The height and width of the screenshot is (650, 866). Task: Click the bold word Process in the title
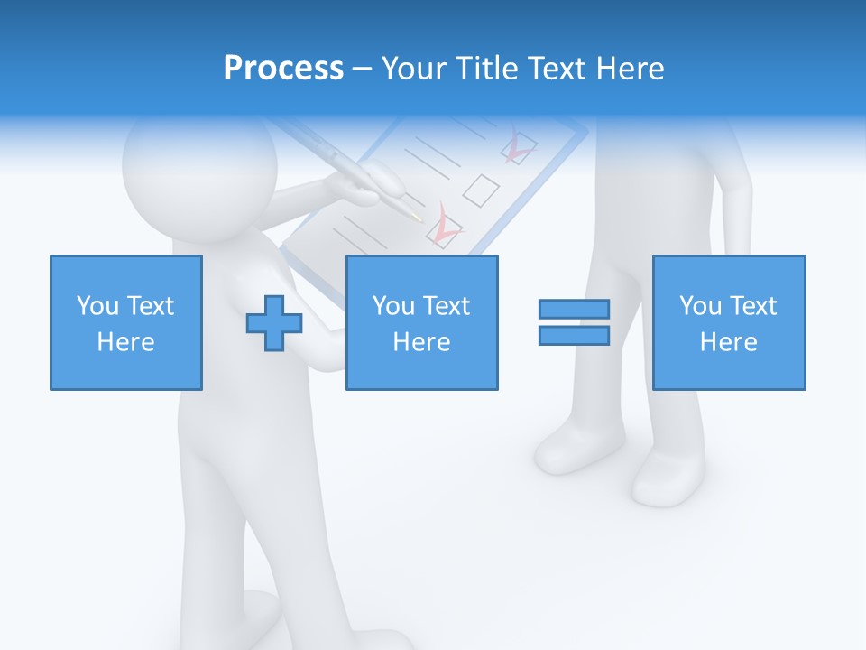pos(283,69)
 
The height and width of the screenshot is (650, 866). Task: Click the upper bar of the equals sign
pos(574,309)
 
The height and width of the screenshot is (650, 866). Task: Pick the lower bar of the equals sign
pos(574,335)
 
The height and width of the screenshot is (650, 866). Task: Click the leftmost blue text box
pos(125,322)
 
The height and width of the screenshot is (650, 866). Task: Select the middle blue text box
pos(421,322)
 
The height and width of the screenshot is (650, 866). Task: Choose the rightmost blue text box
pos(728,322)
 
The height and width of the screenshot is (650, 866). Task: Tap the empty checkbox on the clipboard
pos(481,190)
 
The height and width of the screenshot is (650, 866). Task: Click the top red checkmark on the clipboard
pos(518,147)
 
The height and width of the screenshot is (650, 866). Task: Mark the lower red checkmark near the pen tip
pos(444,229)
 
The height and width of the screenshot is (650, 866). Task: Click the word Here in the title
pos(630,69)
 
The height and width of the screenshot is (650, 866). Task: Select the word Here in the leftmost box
pos(125,342)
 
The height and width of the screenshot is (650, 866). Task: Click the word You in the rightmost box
pos(700,306)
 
